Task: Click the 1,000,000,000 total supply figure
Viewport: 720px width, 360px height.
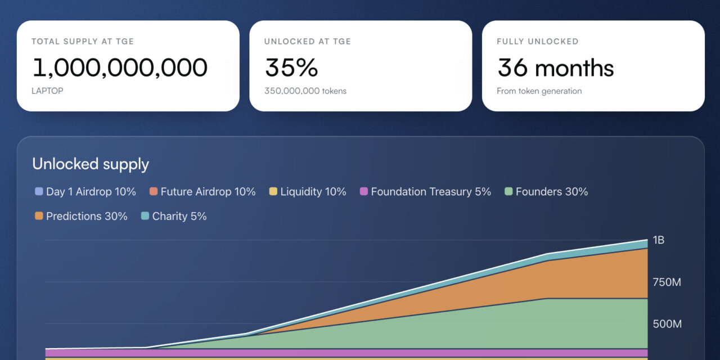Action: click(x=120, y=67)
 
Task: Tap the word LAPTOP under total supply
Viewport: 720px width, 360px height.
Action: click(x=47, y=91)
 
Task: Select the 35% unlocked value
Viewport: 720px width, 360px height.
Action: click(x=291, y=67)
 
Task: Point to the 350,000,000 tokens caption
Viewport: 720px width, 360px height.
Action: click(x=305, y=91)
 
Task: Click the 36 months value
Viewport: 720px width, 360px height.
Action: click(x=556, y=67)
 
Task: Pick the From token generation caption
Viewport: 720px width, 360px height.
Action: click(x=539, y=91)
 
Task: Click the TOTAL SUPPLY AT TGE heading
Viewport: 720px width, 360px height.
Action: click(x=83, y=42)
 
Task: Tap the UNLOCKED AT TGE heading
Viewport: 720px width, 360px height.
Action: click(x=308, y=42)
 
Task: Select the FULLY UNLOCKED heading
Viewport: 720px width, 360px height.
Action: click(x=537, y=42)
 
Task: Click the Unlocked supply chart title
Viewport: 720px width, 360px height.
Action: click(x=91, y=164)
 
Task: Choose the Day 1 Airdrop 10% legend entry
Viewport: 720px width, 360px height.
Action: click(x=85, y=192)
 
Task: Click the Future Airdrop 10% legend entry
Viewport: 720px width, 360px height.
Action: click(x=202, y=192)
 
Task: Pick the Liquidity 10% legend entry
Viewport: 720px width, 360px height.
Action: click(x=308, y=192)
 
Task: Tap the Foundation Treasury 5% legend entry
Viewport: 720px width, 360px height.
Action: click(x=425, y=192)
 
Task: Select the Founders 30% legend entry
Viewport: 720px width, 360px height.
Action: click(x=546, y=192)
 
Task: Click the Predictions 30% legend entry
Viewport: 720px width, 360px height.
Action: click(x=81, y=216)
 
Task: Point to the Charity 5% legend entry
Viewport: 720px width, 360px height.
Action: click(x=174, y=216)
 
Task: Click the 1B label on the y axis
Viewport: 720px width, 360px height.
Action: click(x=658, y=240)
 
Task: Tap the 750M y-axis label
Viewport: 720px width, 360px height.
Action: click(x=667, y=282)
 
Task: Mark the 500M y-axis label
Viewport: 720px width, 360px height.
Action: click(x=667, y=324)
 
